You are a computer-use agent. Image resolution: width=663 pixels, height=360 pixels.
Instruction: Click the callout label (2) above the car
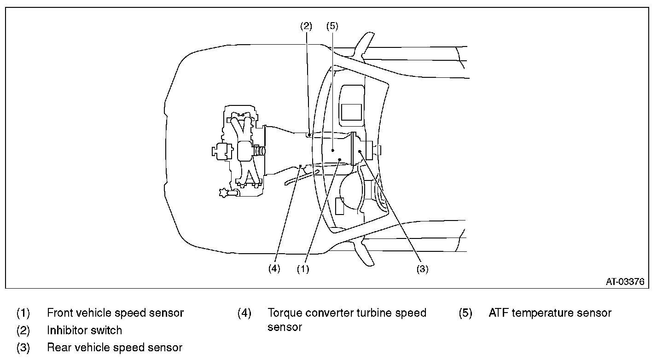(306, 26)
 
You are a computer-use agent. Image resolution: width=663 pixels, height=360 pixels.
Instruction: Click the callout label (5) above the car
(332, 26)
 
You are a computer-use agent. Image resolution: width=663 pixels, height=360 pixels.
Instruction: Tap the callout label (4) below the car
(274, 268)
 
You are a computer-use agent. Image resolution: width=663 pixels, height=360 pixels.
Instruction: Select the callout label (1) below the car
(303, 269)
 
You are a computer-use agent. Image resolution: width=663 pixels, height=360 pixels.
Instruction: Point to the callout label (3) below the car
(422, 269)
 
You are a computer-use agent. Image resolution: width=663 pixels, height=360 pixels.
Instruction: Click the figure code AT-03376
(625, 282)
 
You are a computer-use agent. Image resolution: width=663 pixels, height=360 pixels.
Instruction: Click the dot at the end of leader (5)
(333, 151)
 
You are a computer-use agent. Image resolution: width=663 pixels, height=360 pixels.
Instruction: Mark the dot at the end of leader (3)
(360, 151)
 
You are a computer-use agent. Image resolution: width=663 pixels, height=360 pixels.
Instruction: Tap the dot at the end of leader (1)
(340, 160)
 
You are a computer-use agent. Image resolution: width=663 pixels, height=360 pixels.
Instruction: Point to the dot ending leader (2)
(309, 135)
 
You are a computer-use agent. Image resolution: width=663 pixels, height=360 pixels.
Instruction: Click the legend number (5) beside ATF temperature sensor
(465, 313)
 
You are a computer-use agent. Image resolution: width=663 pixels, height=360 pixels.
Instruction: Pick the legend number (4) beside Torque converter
(244, 313)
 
